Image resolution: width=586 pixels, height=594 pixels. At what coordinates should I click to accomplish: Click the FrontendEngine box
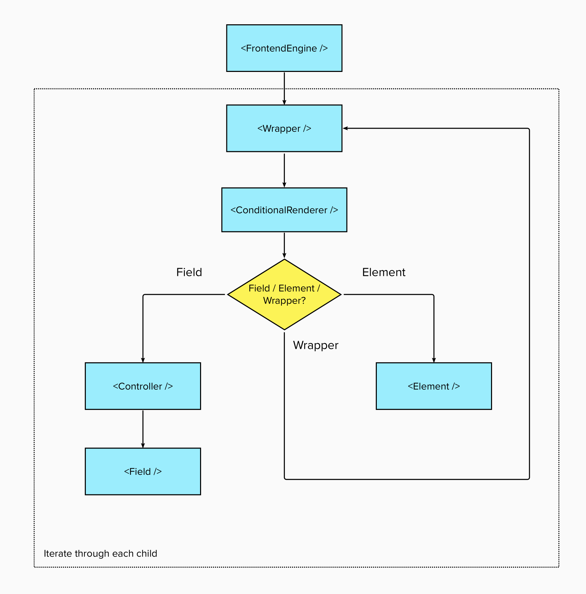284,48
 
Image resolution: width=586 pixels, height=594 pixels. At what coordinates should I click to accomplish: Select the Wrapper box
284,128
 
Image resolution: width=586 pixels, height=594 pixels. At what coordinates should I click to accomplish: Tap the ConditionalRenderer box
284,210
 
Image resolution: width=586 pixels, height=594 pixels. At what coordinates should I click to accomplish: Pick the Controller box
143,386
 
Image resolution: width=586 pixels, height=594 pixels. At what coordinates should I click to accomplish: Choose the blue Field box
143,471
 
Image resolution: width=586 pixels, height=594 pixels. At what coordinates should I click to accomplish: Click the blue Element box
434,386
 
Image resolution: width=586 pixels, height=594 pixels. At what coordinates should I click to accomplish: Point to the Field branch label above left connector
189,272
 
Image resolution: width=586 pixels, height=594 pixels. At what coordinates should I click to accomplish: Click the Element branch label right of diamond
384,272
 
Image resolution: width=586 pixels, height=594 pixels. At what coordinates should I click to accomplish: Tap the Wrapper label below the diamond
315,345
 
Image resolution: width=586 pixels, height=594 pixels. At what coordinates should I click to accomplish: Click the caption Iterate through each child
100,553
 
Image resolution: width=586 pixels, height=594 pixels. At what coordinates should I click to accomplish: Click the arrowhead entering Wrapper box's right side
345,128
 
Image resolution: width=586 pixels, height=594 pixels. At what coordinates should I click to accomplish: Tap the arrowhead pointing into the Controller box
143,360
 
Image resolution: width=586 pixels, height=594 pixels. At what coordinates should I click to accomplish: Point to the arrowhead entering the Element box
434,360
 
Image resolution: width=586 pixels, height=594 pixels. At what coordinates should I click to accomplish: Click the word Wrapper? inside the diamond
284,301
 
